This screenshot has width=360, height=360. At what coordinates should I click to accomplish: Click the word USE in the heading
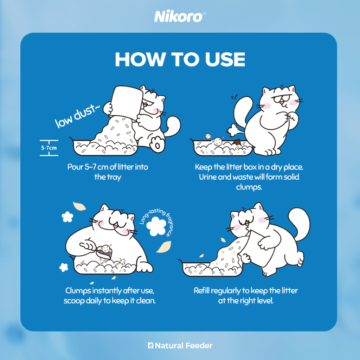click(x=225, y=59)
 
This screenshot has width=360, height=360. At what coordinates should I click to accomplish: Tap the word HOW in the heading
click(x=140, y=59)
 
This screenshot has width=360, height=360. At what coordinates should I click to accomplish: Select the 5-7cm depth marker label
click(x=49, y=148)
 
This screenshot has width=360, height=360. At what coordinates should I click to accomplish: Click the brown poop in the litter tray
click(x=237, y=142)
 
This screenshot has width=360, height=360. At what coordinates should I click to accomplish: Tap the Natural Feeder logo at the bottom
click(x=180, y=346)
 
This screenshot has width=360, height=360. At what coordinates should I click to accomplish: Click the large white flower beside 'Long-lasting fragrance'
click(x=156, y=226)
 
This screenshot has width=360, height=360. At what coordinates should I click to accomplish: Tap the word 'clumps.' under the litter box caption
click(x=249, y=187)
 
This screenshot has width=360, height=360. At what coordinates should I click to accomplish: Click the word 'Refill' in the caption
click(x=201, y=291)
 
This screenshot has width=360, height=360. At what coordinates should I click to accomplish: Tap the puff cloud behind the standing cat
click(x=233, y=130)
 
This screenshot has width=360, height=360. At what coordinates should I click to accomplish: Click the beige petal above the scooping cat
click(x=79, y=206)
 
